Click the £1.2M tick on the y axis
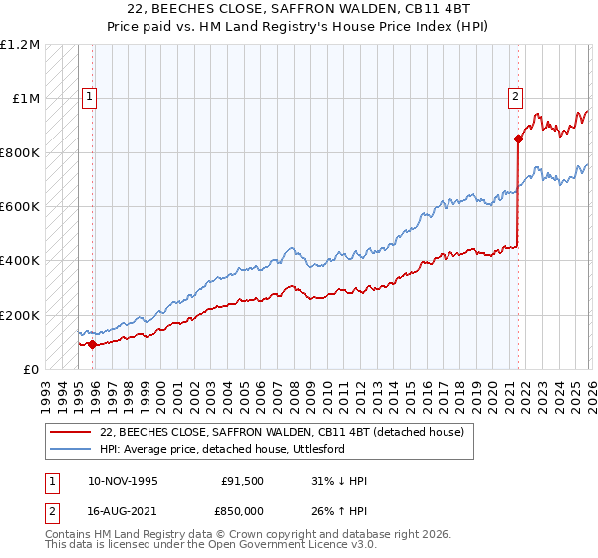pyautogui.click(x=21, y=45)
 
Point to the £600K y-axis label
pyautogui.click(x=20, y=207)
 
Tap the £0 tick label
pyautogui.click(x=30, y=369)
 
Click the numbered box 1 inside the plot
pyautogui.click(x=90, y=97)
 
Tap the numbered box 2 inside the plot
pyautogui.click(x=515, y=97)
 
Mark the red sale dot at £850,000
pyautogui.click(x=519, y=139)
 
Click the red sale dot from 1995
pyautogui.click(x=92, y=345)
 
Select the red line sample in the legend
pyautogui.click(x=71, y=433)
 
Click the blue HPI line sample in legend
pyautogui.click(x=71, y=450)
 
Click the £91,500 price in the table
pyautogui.click(x=243, y=481)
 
